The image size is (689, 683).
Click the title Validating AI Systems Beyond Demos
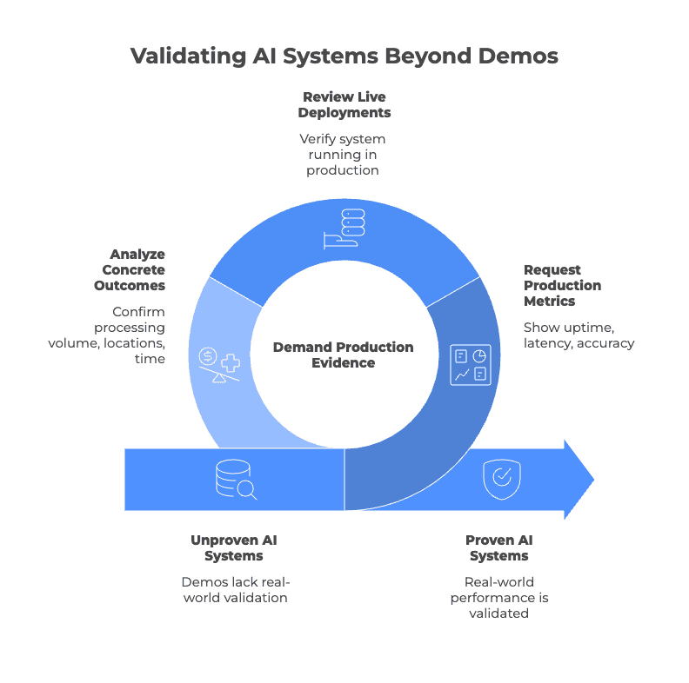coord(344,56)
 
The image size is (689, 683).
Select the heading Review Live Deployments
coord(344,104)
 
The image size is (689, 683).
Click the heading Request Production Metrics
coord(562,285)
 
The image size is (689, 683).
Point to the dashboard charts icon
coord(471,364)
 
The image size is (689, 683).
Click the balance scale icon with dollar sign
coord(218,364)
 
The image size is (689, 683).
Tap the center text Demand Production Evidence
coord(344,355)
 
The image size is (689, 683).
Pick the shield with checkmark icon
coord(501,478)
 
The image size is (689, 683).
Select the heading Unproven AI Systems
coord(234,547)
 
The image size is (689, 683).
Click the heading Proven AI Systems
coord(499,547)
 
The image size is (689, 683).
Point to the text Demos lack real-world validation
coord(234,589)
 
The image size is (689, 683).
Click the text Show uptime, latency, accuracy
coord(579,335)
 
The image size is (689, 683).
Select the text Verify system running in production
coord(343,154)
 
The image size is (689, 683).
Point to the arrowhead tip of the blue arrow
coord(592,479)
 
